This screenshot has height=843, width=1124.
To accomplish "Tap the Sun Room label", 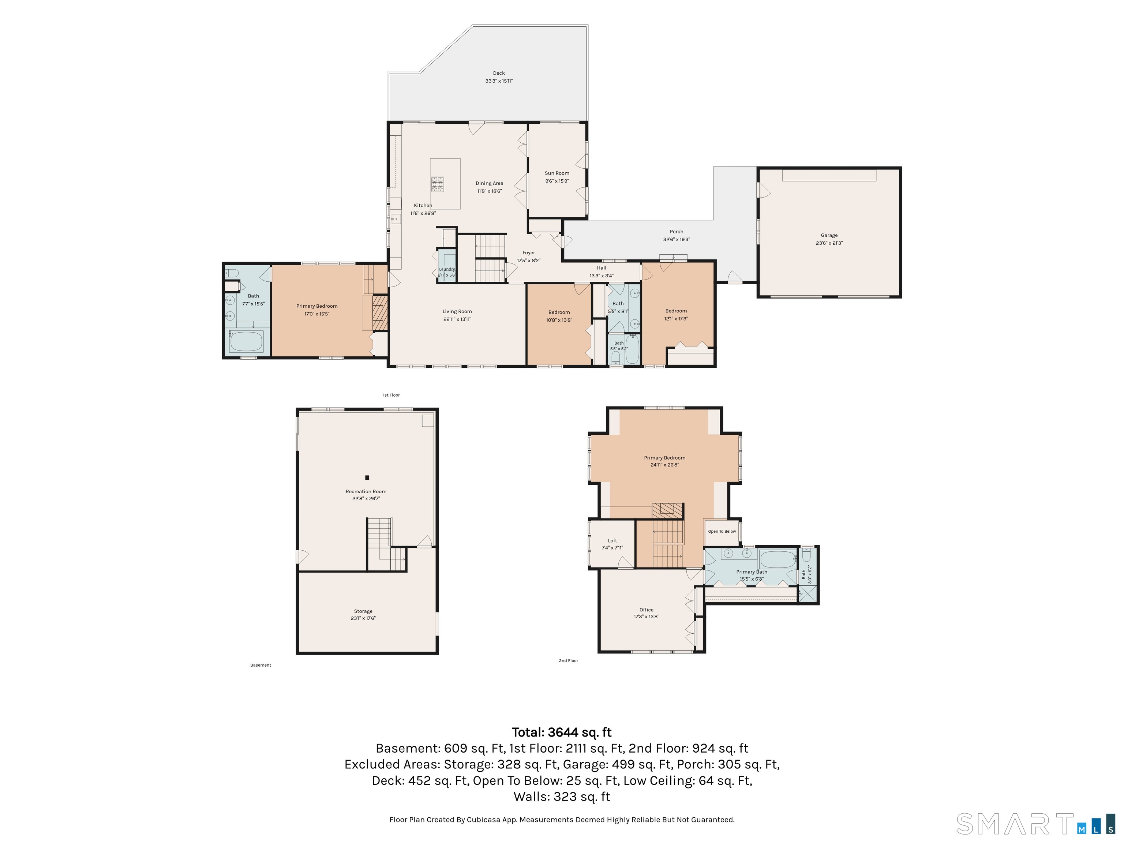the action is pyautogui.click(x=557, y=173).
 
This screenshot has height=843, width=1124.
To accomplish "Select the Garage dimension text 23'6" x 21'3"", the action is pyautogui.click(x=829, y=243).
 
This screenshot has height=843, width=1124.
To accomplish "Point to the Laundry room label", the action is pyautogui.click(x=447, y=269).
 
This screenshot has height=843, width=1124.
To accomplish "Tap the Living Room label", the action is pyautogui.click(x=457, y=311).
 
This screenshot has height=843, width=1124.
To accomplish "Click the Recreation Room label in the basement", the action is pyautogui.click(x=366, y=491).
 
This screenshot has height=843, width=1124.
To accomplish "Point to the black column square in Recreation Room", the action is pyautogui.click(x=367, y=477).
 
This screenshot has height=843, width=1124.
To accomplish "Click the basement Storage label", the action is pyautogui.click(x=363, y=611).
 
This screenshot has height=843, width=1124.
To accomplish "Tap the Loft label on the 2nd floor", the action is pyautogui.click(x=612, y=541).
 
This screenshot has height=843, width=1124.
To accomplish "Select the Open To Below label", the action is pyautogui.click(x=722, y=532).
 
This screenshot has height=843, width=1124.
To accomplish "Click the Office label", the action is pyautogui.click(x=647, y=610).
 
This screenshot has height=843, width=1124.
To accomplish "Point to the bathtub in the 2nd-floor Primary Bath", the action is pyautogui.click(x=778, y=559).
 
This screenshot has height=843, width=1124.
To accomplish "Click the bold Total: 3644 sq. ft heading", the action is pyautogui.click(x=562, y=732).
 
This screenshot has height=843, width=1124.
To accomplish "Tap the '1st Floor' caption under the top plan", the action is pyautogui.click(x=391, y=395).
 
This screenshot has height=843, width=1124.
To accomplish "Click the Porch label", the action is pyautogui.click(x=676, y=232).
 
